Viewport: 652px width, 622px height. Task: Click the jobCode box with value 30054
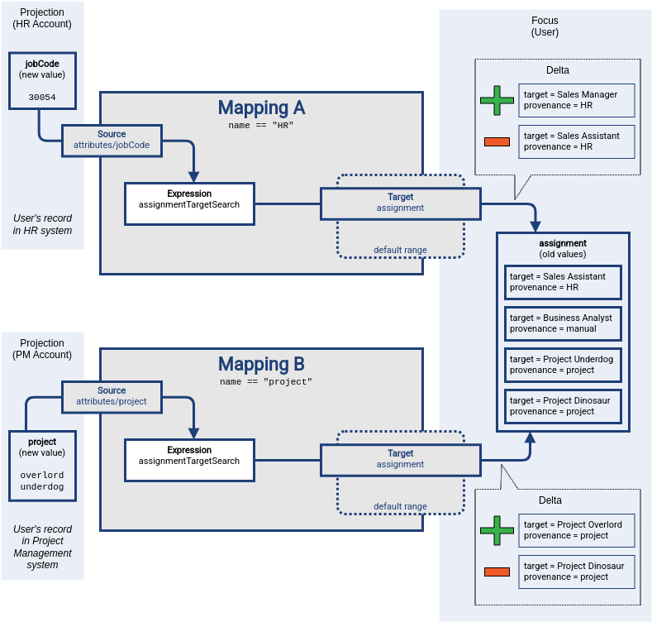(x=42, y=80)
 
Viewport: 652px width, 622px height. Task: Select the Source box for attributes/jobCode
(x=112, y=139)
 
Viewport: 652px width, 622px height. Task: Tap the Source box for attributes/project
(x=112, y=395)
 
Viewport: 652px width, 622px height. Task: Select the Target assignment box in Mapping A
(x=400, y=203)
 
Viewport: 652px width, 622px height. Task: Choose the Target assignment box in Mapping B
(x=400, y=459)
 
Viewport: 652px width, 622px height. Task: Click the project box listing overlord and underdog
(x=42, y=466)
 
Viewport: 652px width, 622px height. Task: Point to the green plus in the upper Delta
(x=497, y=100)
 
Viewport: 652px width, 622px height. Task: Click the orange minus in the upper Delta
(x=497, y=141)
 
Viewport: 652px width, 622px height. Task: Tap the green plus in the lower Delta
(x=497, y=530)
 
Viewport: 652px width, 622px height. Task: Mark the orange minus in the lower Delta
(x=497, y=572)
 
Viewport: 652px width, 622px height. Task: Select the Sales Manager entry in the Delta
(x=576, y=100)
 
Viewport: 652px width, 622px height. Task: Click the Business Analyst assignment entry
(x=562, y=323)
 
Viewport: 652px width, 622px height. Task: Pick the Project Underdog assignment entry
(x=562, y=365)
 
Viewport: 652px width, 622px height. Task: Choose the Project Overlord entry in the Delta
(x=576, y=530)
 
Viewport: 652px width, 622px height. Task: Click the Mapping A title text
(x=261, y=108)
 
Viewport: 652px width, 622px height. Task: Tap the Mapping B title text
(x=261, y=364)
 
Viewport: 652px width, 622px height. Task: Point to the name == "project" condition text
(x=265, y=382)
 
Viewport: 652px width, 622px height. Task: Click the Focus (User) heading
(x=545, y=26)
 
